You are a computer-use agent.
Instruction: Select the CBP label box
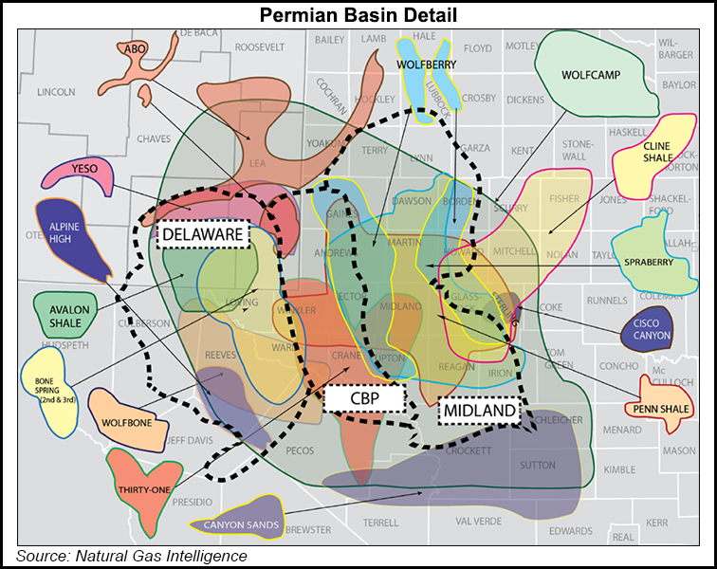pyautogui.click(x=364, y=398)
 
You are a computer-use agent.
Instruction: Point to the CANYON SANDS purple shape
pyautogui.click(x=236, y=519)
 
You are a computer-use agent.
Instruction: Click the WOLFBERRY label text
pyautogui.click(x=427, y=64)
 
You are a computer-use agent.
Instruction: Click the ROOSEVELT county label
pyautogui.click(x=259, y=46)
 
